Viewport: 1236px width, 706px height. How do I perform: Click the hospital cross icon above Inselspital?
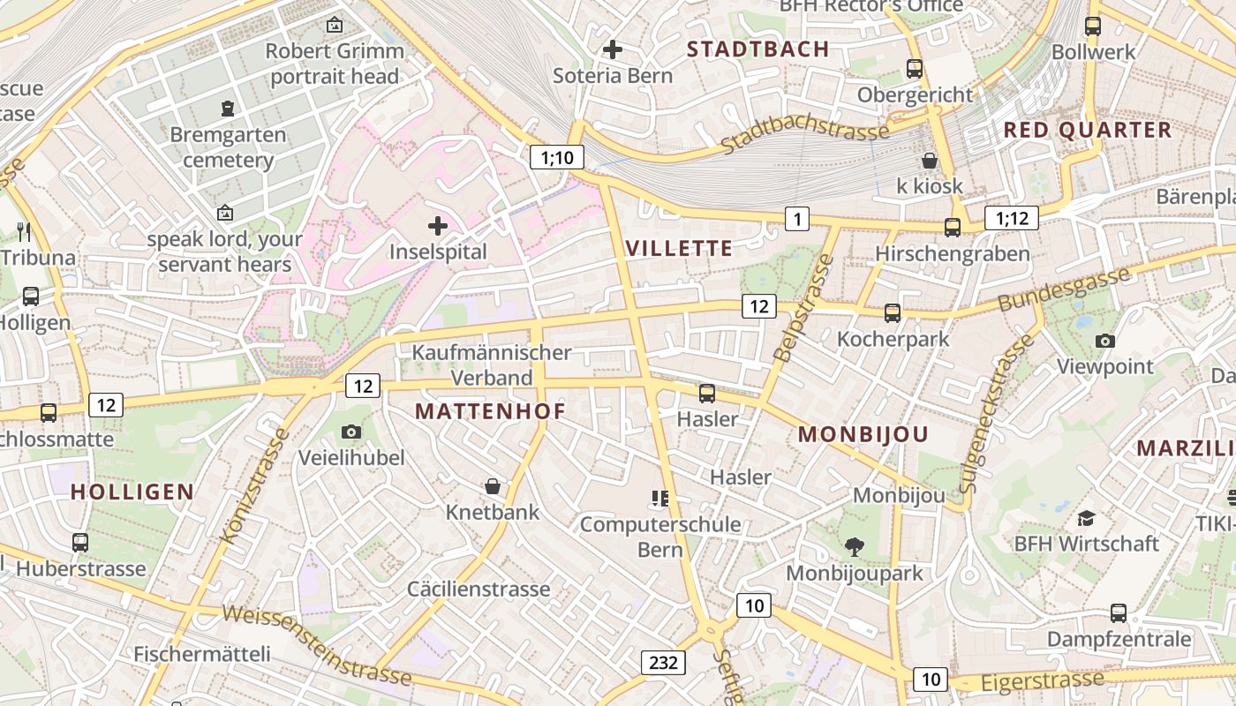click(x=437, y=227)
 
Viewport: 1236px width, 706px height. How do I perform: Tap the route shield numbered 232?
click(x=662, y=662)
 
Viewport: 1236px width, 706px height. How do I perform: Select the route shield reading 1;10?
click(x=557, y=158)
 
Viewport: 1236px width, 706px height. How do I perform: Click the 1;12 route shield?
click(x=1012, y=218)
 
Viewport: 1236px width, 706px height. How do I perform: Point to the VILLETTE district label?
click(x=679, y=248)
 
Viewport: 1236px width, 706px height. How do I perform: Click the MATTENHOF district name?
click(x=490, y=411)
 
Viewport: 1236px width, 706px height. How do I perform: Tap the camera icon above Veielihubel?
click(x=351, y=432)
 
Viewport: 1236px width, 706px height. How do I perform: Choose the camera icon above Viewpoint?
click(x=1104, y=341)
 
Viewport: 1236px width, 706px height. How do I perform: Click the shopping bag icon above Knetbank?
click(x=492, y=486)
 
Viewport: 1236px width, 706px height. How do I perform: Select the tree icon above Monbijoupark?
click(x=854, y=547)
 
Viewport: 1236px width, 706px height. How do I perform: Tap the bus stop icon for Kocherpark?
click(x=893, y=312)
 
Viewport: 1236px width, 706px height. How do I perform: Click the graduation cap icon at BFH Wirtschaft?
click(x=1086, y=518)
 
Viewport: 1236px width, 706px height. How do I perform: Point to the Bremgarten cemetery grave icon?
click(x=228, y=109)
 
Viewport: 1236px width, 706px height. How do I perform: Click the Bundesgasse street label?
click(x=1064, y=289)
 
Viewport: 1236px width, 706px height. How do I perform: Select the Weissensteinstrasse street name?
click(x=316, y=644)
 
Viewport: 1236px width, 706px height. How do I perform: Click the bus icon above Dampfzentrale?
click(x=1119, y=612)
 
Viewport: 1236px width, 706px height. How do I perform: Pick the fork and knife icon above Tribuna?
click(x=24, y=232)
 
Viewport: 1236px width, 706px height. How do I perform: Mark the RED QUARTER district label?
click(x=1087, y=130)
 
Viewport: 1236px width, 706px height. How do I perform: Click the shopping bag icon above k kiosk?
click(x=930, y=161)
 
